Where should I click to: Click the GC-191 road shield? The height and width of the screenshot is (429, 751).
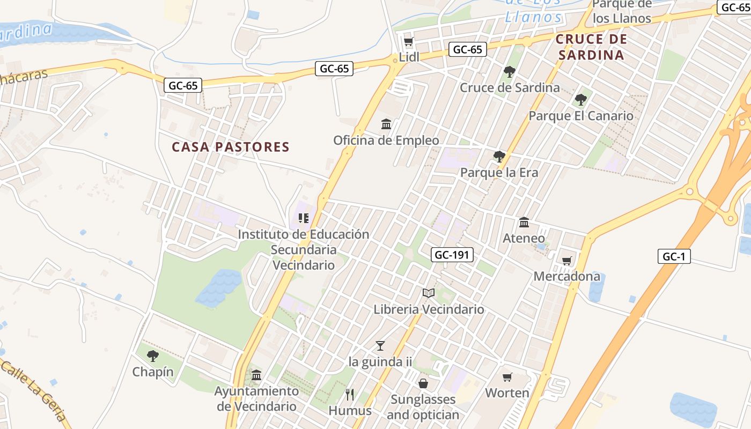[x=452, y=255]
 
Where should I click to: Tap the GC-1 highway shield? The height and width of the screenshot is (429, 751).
[x=674, y=256]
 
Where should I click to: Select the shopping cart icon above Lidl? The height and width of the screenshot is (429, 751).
[x=408, y=41]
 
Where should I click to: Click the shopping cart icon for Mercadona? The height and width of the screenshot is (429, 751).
[x=567, y=261]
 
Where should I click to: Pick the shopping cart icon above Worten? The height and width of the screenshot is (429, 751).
[x=507, y=377]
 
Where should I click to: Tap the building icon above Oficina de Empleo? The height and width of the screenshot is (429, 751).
[x=386, y=124]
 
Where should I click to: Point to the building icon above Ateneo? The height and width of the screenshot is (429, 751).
[x=524, y=222]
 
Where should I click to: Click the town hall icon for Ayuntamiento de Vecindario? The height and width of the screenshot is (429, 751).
[x=256, y=375]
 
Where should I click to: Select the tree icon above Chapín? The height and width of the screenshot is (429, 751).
[x=153, y=356]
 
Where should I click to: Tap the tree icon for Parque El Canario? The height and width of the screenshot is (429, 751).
[x=580, y=100]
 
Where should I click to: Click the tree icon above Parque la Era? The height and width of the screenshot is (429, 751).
[x=499, y=157]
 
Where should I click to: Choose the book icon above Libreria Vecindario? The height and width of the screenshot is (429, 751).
[x=428, y=293]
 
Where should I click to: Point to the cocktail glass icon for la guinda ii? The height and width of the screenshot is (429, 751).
[x=380, y=345]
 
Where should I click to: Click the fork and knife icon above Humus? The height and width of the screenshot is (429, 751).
[x=350, y=395]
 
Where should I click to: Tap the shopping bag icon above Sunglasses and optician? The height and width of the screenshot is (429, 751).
[x=423, y=383]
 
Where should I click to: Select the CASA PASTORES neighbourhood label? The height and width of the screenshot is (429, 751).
[x=231, y=147]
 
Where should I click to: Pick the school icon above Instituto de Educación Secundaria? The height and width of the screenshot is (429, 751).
[x=304, y=218]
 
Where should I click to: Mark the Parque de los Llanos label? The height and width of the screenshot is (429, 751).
[x=622, y=11]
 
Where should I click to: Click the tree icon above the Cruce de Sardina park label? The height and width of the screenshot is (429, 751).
[x=510, y=71]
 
